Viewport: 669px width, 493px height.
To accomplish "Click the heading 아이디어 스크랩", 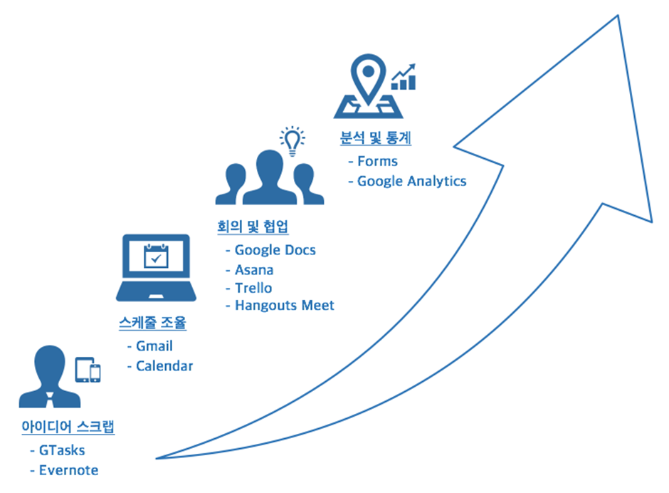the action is [68, 426].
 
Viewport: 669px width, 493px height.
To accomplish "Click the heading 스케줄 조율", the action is [153, 323].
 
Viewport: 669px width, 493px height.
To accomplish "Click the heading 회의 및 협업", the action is [253, 227].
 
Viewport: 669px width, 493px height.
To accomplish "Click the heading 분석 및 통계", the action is [376, 138].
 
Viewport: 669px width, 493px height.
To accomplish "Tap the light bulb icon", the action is [293, 141].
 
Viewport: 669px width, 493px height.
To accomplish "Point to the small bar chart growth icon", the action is [404, 77].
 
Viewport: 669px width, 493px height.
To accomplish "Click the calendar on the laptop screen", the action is [156, 256].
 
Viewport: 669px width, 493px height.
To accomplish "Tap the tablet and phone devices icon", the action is [88, 370].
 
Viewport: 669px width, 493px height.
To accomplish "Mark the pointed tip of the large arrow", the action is [618, 16].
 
